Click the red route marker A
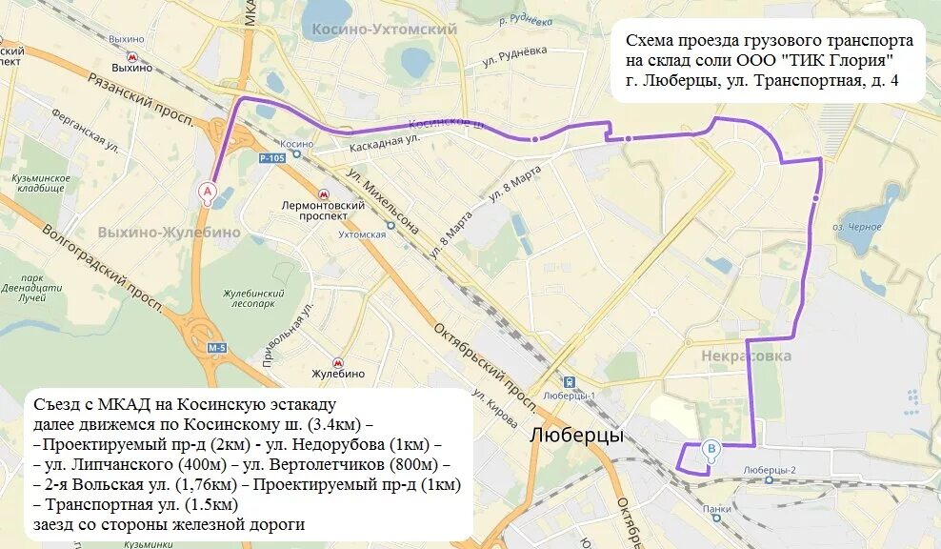206,193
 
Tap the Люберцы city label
576,436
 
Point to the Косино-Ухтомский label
384,30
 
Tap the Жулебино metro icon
337,362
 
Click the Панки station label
717,509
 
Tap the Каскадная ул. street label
385,139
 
